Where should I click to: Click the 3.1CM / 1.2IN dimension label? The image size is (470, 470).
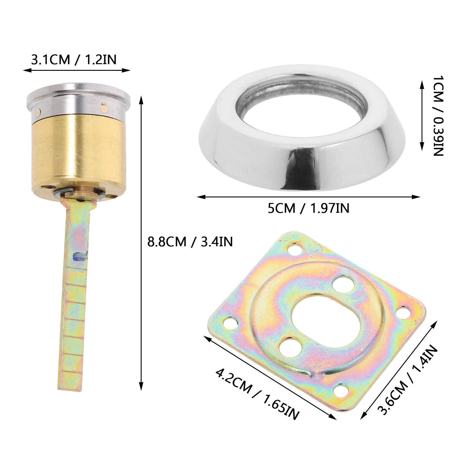[74, 60]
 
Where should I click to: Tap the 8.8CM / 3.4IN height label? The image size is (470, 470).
[190, 242]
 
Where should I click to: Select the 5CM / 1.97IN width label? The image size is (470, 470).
[308, 208]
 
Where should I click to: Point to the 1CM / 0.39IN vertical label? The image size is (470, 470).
[438, 116]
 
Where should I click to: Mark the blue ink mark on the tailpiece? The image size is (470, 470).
[79, 256]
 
